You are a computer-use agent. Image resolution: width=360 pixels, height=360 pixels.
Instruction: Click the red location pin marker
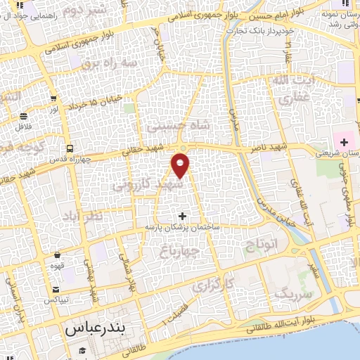[181, 165]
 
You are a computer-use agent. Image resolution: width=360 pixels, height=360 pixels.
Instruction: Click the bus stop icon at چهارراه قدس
[70, 148]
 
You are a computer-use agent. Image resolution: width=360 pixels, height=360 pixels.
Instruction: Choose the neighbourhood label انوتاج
[262, 244]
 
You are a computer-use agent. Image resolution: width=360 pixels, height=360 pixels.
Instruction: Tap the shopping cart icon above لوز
[24, 117]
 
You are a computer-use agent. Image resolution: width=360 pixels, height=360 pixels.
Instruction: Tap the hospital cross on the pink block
[344, 143]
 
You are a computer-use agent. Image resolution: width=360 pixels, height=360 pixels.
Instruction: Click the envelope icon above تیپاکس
[56, 289]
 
